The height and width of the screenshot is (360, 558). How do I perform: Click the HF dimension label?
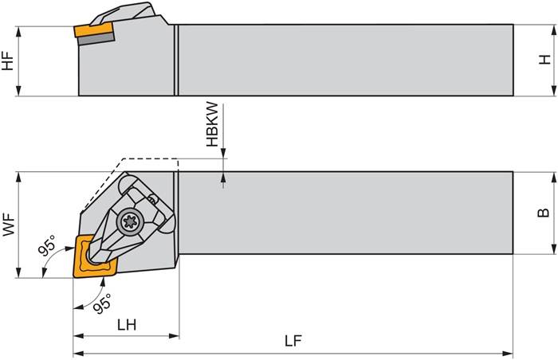coord(8,61)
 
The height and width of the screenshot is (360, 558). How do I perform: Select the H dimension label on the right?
coord(545,60)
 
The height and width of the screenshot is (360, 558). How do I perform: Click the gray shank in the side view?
coord(343,60)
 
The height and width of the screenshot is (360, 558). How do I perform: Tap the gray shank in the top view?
coord(343,213)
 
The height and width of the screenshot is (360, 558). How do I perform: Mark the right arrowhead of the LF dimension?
coord(509,353)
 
